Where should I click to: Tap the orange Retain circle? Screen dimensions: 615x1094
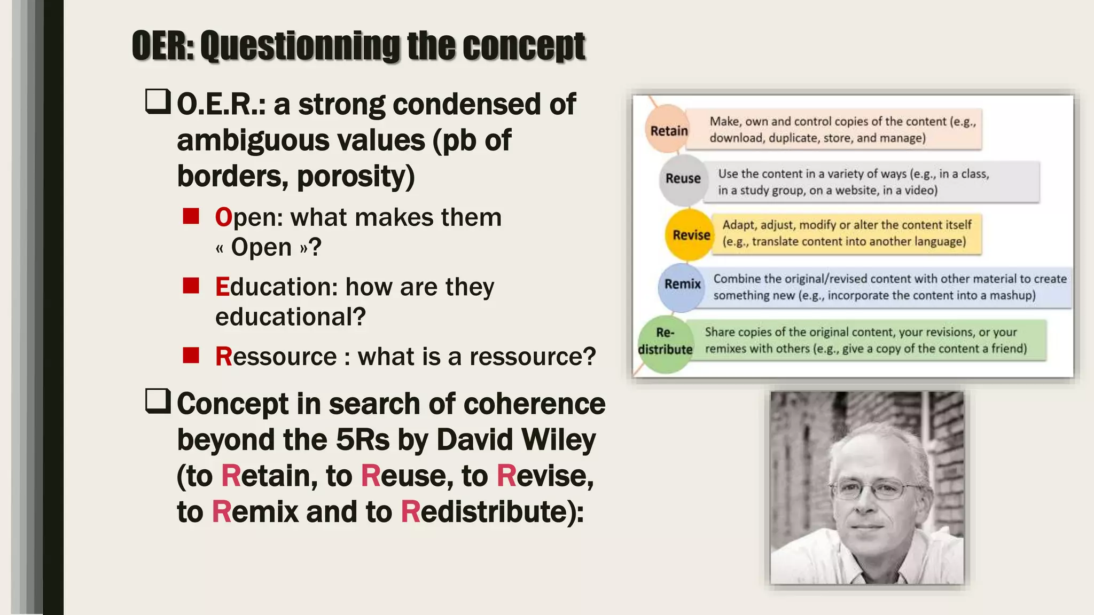(x=668, y=130)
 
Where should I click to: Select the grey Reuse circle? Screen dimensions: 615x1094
(x=682, y=179)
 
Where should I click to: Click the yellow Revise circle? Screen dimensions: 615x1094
(x=690, y=235)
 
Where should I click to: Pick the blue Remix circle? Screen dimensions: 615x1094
(x=682, y=285)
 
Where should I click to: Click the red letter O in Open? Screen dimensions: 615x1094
(x=223, y=218)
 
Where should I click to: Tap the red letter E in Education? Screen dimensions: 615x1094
(x=222, y=287)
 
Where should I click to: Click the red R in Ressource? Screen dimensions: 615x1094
(x=223, y=357)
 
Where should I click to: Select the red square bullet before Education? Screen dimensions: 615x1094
(x=191, y=286)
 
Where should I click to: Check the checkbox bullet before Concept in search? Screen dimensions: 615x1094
(x=158, y=401)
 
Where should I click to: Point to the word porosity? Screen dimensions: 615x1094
(x=355, y=176)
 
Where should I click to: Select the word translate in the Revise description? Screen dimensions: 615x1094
(x=776, y=242)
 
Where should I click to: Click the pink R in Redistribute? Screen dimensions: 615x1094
(x=410, y=511)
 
